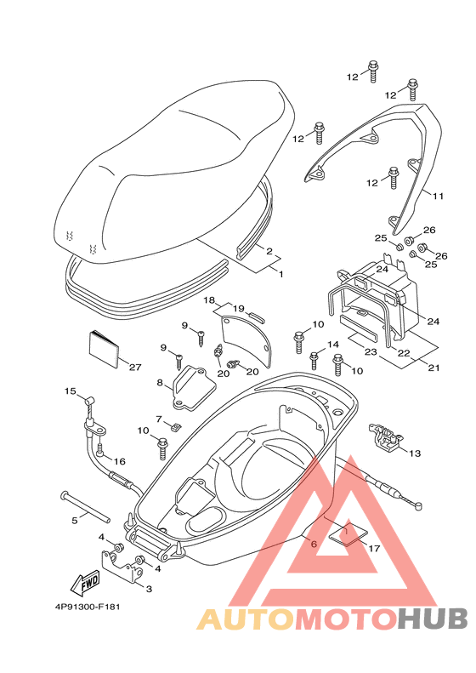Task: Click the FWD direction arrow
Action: tap(85, 583)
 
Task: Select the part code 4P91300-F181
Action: tap(88, 607)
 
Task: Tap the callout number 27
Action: tap(135, 368)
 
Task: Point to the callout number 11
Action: tap(438, 197)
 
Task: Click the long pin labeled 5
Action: tap(86, 507)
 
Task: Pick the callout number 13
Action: tap(415, 453)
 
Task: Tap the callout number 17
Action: tap(374, 549)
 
